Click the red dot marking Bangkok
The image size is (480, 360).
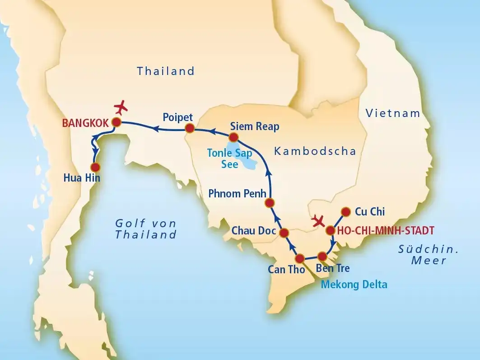click(117, 122)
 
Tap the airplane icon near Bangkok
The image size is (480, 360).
click(121, 108)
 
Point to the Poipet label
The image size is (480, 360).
click(177, 117)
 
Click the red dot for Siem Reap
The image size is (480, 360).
click(233, 137)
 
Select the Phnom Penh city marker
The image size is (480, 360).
click(270, 202)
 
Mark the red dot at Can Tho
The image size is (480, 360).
click(300, 259)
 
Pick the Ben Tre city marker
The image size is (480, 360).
click(322, 256)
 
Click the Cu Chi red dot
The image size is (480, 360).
click(345, 211)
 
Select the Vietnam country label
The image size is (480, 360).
click(393, 113)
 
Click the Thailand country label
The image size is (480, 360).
click(166, 71)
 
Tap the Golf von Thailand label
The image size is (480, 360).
click(146, 229)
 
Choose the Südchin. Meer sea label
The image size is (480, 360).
click(429, 254)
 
